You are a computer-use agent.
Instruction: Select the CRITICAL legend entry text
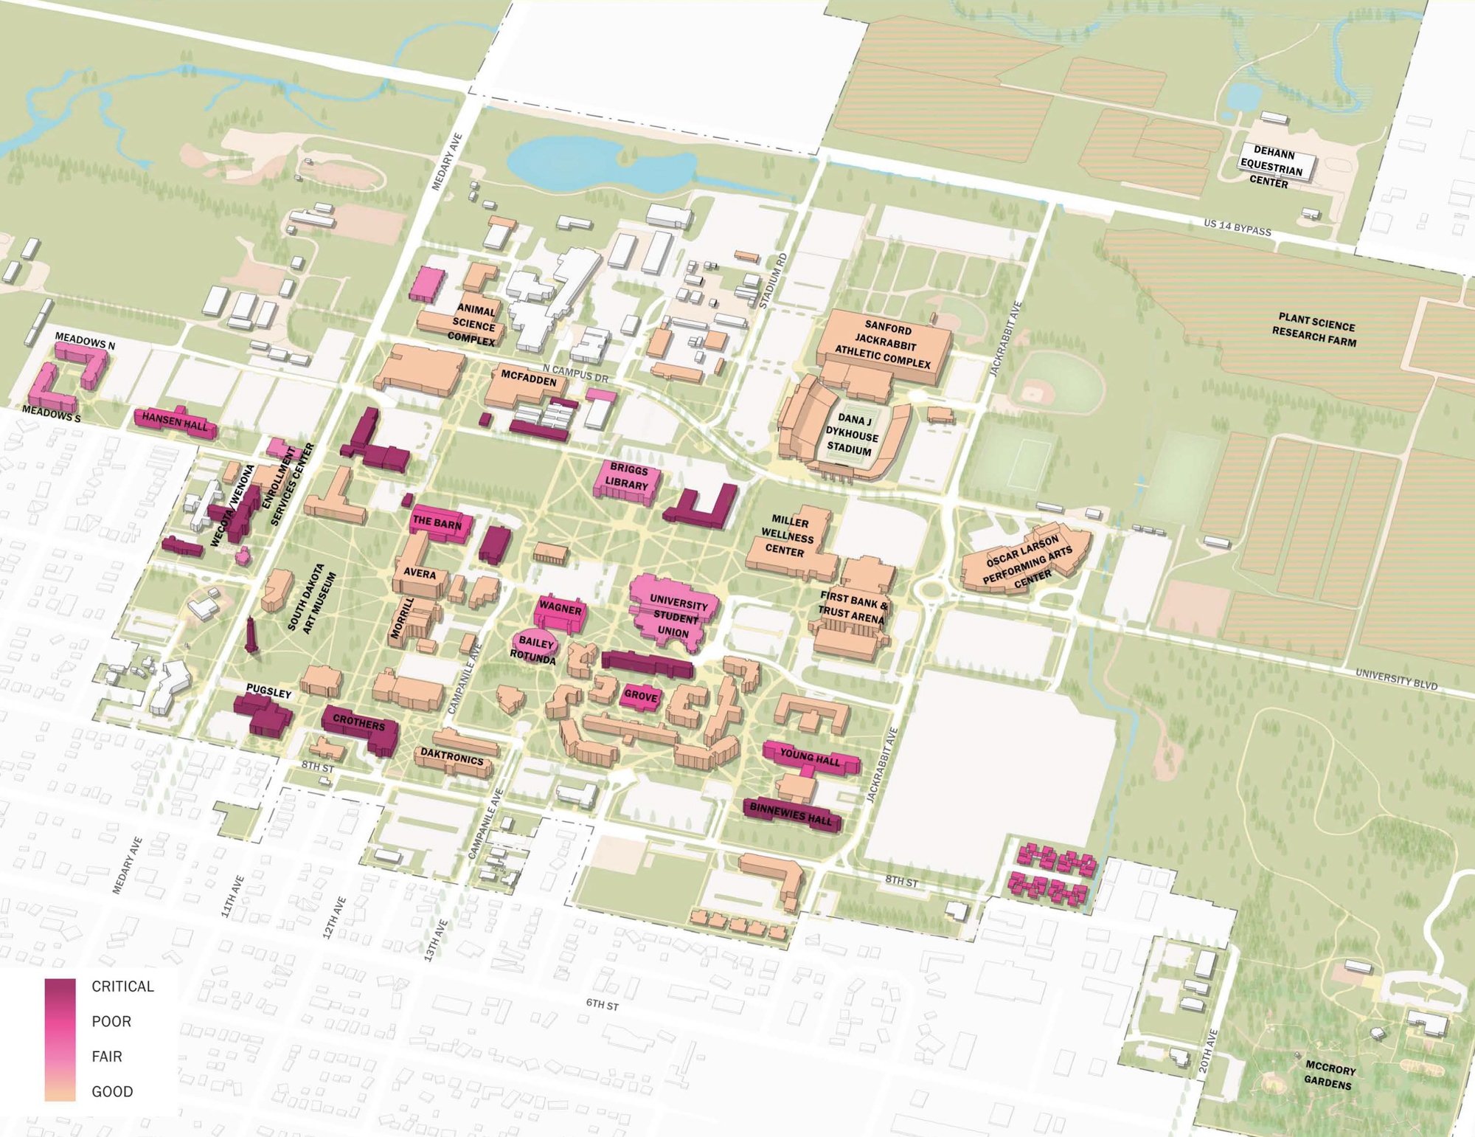pyautogui.click(x=122, y=986)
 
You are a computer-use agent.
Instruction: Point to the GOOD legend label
pyautogui.click(x=112, y=1091)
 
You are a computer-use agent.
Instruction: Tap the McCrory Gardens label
pyautogui.click(x=1329, y=1075)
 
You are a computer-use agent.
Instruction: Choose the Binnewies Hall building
pyautogui.click(x=791, y=815)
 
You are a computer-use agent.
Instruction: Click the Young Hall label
pyautogui.click(x=810, y=756)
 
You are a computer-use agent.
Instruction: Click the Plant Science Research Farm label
pyautogui.click(x=1315, y=330)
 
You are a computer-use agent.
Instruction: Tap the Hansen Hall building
pyautogui.click(x=176, y=421)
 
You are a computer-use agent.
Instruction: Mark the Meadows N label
pyautogui.click(x=85, y=341)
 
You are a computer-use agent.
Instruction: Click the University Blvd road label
pyautogui.click(x=1395, y=679)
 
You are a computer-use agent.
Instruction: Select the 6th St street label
pyautogui.click(x=602, y=1004)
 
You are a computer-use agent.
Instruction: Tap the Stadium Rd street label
pyautogui.click(x=773, y=280)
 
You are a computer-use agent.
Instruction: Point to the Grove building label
pyautogui.click(x=640, y=696)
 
